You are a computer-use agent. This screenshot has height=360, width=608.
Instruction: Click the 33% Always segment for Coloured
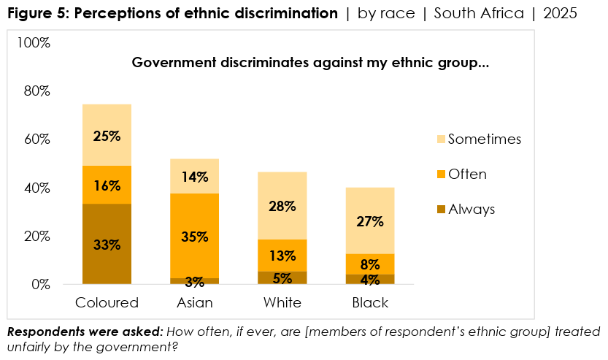(x=107, y=244)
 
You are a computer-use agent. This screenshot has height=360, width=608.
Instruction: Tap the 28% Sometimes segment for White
(x=282, y=206)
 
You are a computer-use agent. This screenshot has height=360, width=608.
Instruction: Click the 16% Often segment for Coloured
(x=107, y=185)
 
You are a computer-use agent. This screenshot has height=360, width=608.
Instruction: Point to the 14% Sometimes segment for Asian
(x=194, y=176)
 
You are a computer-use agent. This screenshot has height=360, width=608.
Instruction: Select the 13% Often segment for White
(x=282, y=256)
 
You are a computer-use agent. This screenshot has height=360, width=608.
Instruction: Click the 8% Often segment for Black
(x=369, y=264)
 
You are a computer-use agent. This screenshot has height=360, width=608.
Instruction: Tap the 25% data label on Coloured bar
(x=107, y=136)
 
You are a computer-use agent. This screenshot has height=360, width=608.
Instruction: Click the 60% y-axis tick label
(x=36, y=139)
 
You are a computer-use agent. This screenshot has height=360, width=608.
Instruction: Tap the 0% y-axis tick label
(x=39, y=284)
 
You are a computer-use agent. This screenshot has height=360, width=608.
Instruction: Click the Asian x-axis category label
(x=194, y=302)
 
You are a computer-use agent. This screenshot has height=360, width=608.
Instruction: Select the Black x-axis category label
(x=369, y=302)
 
